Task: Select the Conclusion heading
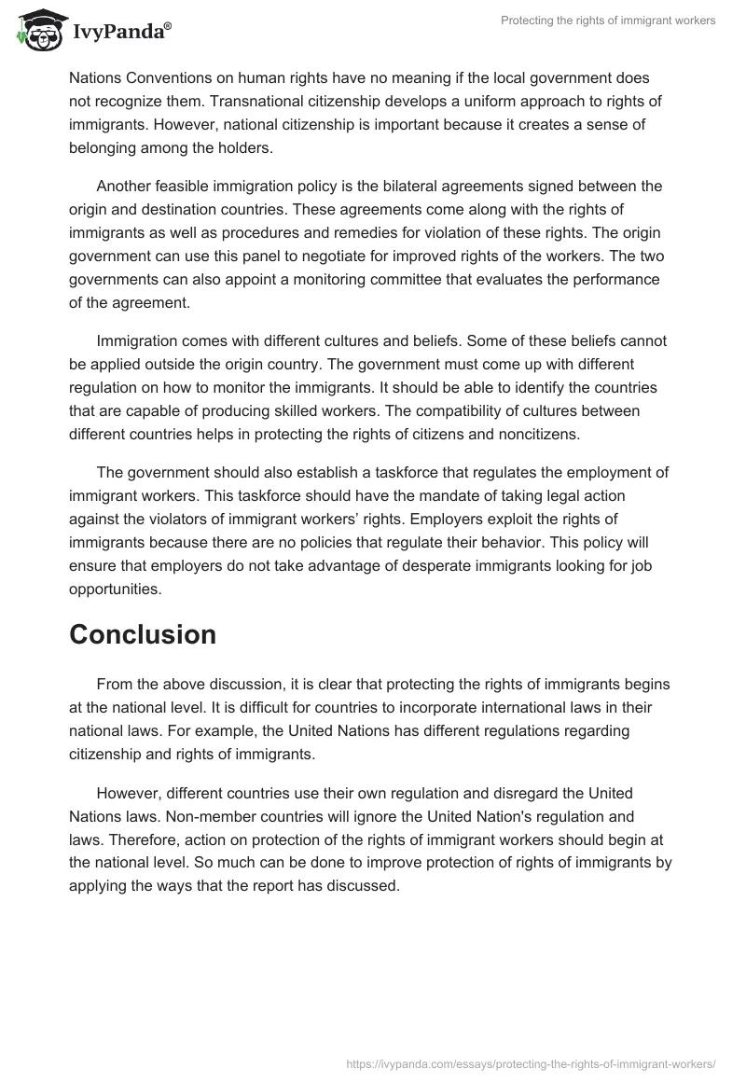[143, 634]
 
